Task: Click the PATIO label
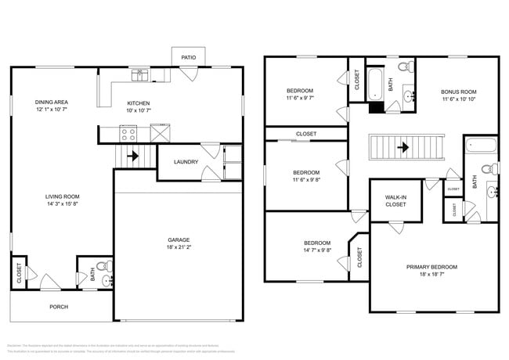click(x=189, y=58)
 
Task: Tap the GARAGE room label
click(x=179, y=240)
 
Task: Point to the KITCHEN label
click(x=139, y=103)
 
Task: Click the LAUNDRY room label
click(x=186, y=163)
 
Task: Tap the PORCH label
click(x=59, y=307)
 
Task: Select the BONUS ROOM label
click(x=459, y=92)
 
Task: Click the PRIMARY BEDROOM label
click(x=431, y=267)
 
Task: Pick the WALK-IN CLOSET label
click(x=395, y=200)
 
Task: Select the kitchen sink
click(x=141, y=75)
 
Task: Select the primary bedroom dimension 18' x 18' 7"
click(x=431, y=275)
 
